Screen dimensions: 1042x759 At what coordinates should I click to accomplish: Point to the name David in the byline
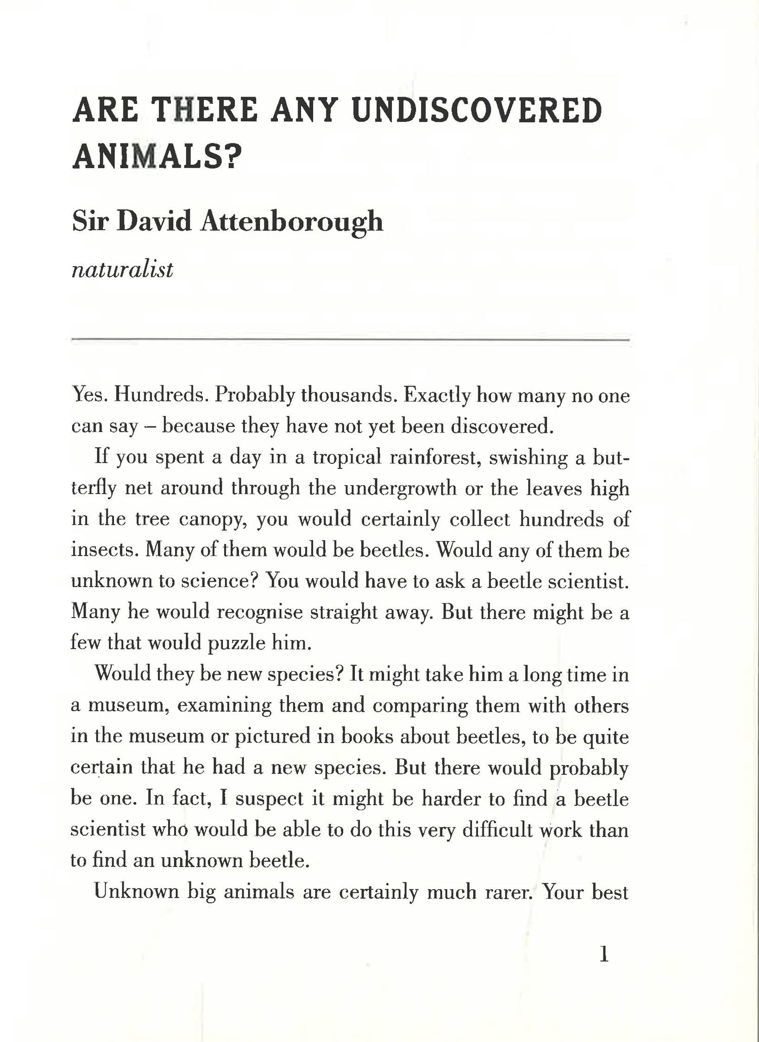154,222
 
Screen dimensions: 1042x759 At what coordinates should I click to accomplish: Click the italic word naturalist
122,270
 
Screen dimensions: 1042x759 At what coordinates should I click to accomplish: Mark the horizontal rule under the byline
350,340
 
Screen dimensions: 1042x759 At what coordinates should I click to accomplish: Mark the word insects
104,550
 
